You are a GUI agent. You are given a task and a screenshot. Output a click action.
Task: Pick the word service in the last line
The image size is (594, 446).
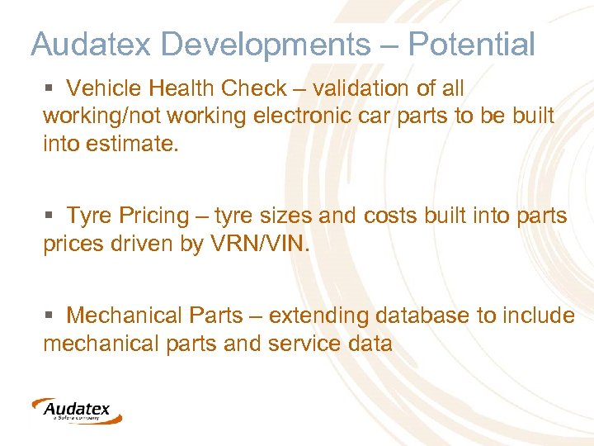305,344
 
